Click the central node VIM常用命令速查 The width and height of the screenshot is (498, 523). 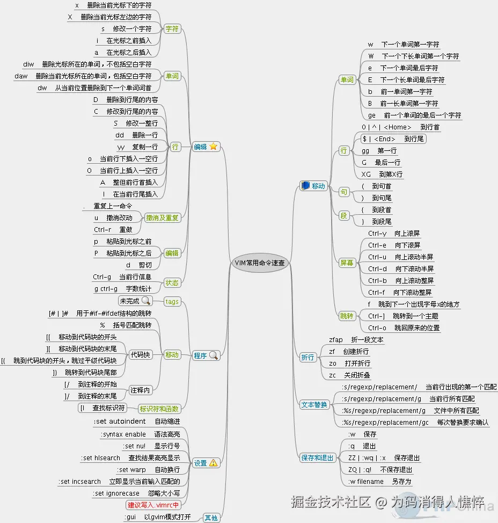[x=260, y=263]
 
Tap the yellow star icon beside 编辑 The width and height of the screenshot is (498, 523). [x=214, y=147]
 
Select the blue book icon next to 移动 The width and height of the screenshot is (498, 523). [x=305, y=186]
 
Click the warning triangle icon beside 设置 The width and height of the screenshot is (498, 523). [x=213, y=463]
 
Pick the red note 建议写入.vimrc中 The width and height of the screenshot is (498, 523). [x=153, y=505]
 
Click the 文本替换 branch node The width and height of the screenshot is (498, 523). [x=314, y=404]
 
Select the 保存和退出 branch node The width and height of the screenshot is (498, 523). [x=318, y=457]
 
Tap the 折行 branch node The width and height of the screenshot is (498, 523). [x=307, y=357]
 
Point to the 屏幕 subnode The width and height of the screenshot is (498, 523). [x=347, y=263]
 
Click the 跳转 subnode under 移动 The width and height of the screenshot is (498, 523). [x=347, y=316]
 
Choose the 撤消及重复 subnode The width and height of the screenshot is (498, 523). [x=163, y=217]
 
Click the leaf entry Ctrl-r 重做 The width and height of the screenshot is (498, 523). [x=113, y=230]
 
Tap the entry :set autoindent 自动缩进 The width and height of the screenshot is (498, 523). [x=137, y=422]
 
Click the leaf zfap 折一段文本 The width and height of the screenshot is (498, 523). [x=356, y=340]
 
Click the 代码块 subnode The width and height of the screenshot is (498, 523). [x=141, y=355]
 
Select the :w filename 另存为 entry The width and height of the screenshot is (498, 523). [x=379, y=482]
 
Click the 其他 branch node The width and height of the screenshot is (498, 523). [x=211, y=518]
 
